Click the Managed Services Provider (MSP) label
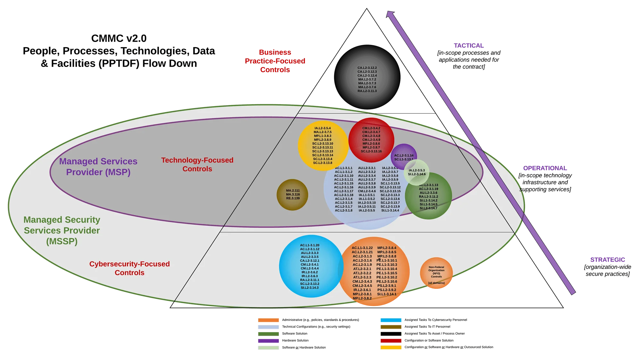coord(98,167)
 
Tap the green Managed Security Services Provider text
coord(62,230)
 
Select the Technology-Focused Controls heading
coord(197,164)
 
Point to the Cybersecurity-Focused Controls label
coord(129,268)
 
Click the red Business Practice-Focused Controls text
coord(275,61)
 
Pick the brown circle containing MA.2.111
coord(292,195)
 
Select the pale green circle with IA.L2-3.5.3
coord(417,172)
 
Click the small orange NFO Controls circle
coord(436,273)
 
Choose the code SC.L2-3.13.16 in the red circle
coord(371,151)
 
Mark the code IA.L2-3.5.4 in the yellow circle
coord(322,128)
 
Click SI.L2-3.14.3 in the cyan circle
coord(310,288)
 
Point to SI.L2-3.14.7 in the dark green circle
coord(429,208)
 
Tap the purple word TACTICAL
coord(469,45)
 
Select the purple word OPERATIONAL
coord(545,168)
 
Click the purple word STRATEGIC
coord(608,260)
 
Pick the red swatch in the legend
coord(391,341)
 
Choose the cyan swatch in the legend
coord(391,320)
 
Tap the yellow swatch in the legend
coord(391,347)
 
